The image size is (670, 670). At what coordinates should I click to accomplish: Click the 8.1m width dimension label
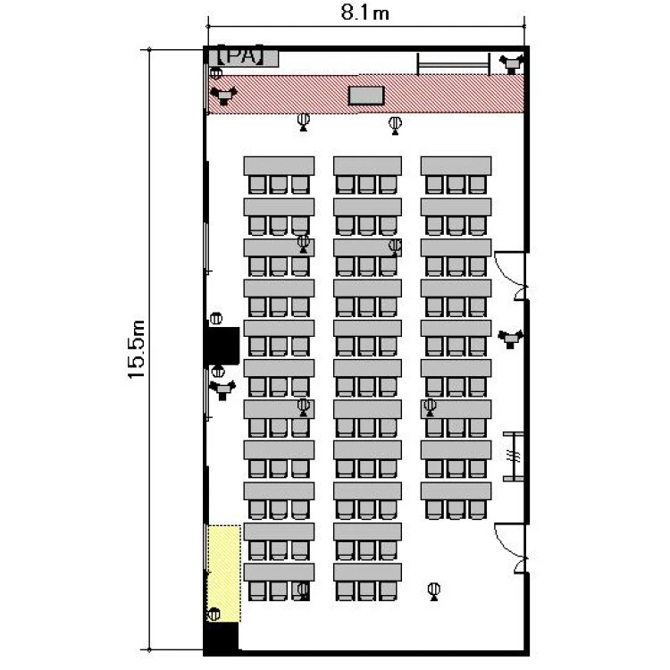pyautogui.click(x=364, y=13)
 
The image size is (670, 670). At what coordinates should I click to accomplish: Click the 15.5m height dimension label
pyautogui.click(x=137, y=349)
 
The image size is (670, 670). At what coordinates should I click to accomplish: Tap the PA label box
pyautogui.click(x=243, y=57)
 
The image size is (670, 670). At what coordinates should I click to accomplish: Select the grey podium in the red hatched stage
pyautogui.click(x=366, y=96)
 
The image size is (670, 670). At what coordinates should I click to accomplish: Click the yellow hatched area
pyautogui.click(x=224, y=574)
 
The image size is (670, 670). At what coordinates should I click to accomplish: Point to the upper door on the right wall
pyautogui.click(x=509, y=276)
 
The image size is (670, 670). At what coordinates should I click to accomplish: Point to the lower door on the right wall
pyautogui.click(x=509, y=549)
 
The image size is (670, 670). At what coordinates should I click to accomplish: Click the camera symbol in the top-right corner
pyautogui.click(x=511, y=63)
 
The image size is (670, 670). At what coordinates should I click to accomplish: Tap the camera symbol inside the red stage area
pyautogui.click(x=223, y=96)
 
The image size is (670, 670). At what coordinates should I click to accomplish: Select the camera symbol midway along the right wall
pyautogui.click(x=510, y=339)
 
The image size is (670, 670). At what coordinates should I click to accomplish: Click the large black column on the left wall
pyautogui.click(x=223, y=345)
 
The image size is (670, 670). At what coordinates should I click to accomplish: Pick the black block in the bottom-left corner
pyautogui.click(x=221, y=638)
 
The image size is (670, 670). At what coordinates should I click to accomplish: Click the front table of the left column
pyautogui.click(x=279, y=166)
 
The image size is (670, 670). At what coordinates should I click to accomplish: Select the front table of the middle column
pyautogui.click(x=367, y=166)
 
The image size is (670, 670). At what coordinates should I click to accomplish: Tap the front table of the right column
pyautogui.click(x=456, y=166)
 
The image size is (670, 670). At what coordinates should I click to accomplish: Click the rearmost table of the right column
pyautogui.click(x=456, y=491)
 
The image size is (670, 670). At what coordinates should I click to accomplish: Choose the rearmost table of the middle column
pyautogui.click(x=367, y=572)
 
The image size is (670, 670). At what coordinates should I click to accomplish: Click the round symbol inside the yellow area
pyautogui.click(x=214, y=614)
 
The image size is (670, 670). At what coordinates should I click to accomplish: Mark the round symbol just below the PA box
pyautogui.click(x=216, y=73)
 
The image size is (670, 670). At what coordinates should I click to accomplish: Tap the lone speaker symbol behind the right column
pyautogui.click(x=433, y=591)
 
